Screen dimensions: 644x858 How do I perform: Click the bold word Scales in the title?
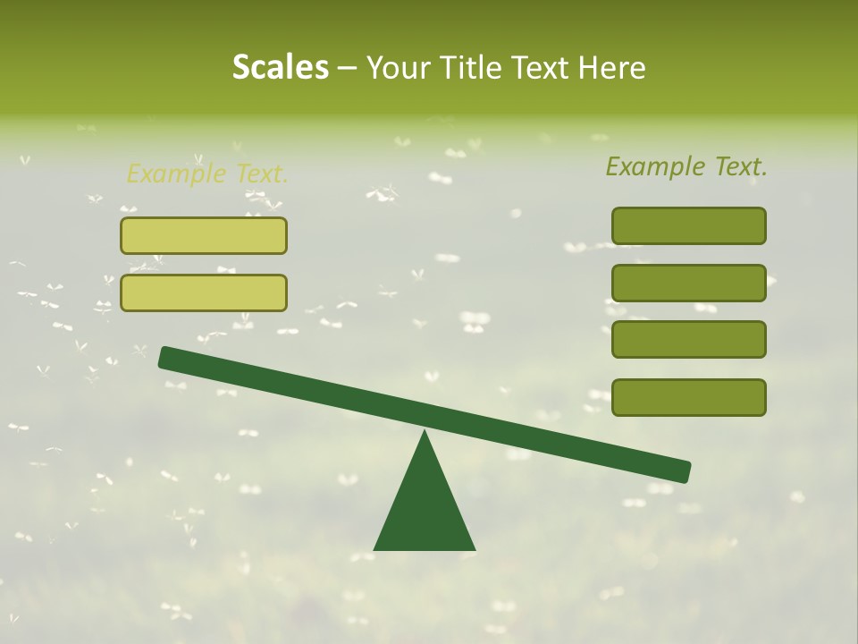click(280, 67)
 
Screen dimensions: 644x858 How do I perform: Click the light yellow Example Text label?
click(207, 174)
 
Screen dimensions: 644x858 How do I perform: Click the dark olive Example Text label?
click(686, 166)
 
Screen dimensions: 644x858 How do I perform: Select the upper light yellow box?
click(204, 235)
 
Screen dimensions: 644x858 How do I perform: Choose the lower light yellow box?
click(204, 292)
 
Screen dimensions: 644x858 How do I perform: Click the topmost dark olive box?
click(688, 225)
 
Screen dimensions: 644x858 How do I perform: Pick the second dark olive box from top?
click(688, 283)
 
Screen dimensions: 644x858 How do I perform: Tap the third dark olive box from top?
click(688, 340)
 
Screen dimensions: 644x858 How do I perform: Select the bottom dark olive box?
click(688, 397)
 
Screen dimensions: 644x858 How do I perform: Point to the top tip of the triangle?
click(425, 432)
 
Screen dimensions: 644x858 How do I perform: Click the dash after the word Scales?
click(347, 68)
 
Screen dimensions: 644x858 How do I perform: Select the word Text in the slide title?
click(541, 67)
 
